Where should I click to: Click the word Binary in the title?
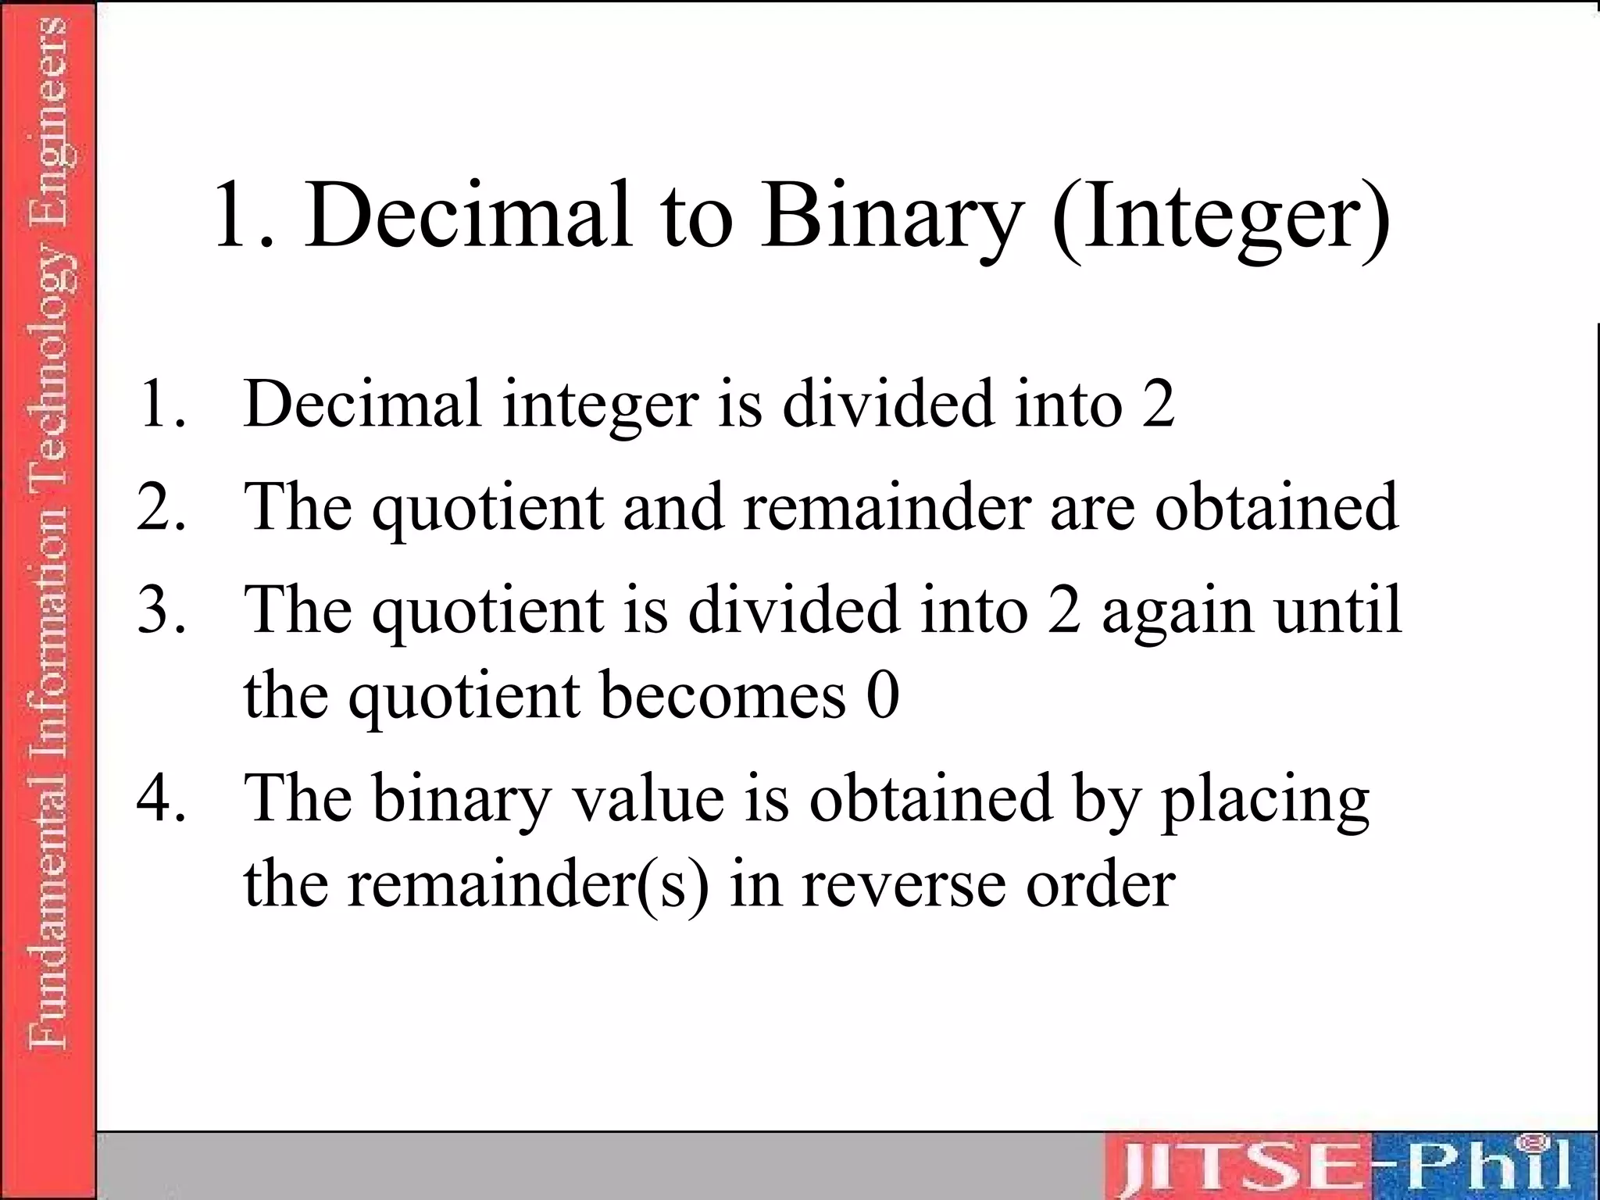click(892, 215)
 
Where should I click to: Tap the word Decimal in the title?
click(468, 215)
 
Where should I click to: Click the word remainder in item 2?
click(887, 507)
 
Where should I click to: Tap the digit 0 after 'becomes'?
click(883, 695)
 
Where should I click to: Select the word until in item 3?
click(1337, 609)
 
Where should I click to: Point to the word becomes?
click(723, 695)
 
